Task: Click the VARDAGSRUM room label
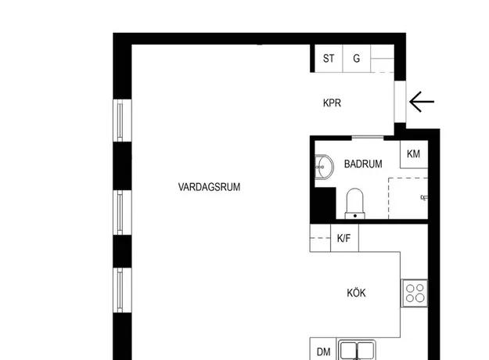[209, 187]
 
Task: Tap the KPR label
[332, 103]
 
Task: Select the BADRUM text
[363, 164]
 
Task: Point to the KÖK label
[356, 293]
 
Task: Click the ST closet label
[329, 59]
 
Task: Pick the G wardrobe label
[356, 59]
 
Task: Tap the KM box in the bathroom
[414, 154]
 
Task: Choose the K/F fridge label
[343, 239]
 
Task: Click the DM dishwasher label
[323, 352]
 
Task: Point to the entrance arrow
[422, 102]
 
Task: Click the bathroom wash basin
[324, 167]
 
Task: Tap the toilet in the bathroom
[355, 203]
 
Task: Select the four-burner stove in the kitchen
[415, 293]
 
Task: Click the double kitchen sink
[357, 350]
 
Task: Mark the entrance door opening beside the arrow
[400, 102]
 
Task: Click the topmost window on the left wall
[122, 121]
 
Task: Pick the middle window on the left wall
[122, 212]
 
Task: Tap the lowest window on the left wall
[122, 290]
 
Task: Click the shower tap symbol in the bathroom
[424, 197]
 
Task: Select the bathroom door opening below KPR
[368, 137]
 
